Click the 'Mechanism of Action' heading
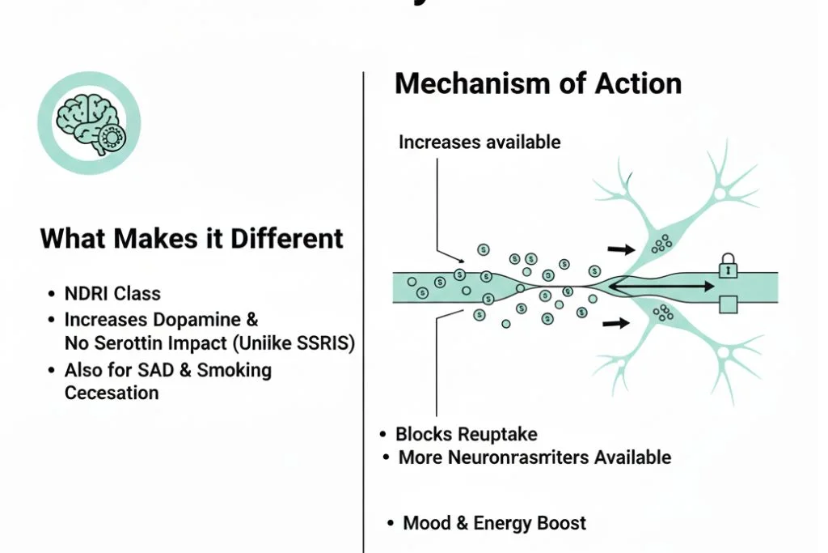538,84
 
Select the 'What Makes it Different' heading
192,238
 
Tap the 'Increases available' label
479,143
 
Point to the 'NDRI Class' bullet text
112,294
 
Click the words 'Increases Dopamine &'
161,320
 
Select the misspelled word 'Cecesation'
112,393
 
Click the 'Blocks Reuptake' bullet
467,435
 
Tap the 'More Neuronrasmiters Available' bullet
534,457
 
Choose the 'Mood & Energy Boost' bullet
494,523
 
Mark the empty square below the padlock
729,304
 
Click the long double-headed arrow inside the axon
661,286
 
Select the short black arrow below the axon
617,324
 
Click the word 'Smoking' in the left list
223,371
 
